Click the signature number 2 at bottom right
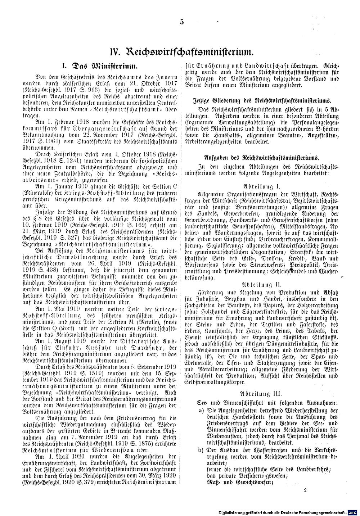[x=305, y=490]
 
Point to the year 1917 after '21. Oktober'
[x=167, y=83]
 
